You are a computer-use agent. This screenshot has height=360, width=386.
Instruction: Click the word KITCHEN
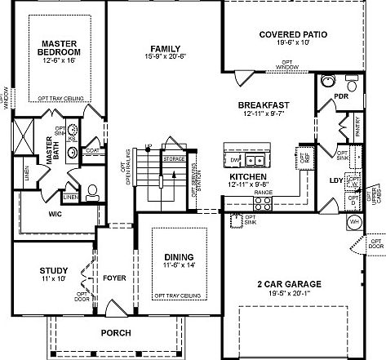(x=247, y=176)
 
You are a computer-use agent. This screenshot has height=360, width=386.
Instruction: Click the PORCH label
(x=115, y=333)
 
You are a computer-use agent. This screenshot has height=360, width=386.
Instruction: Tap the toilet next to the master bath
(x=91, y=193)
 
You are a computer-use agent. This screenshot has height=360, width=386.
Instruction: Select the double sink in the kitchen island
(x=260, y=158)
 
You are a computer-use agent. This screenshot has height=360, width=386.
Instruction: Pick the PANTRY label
(x=359, y=127)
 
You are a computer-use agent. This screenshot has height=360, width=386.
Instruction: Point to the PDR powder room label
(x=342, y=99)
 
